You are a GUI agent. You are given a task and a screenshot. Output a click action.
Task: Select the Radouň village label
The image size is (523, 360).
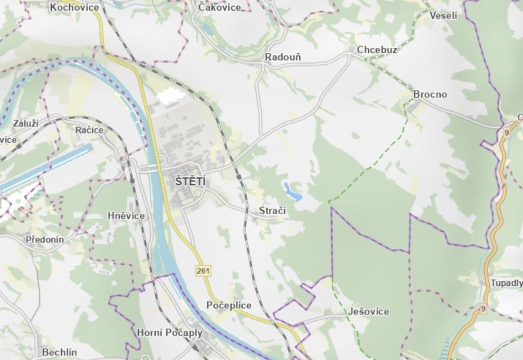(x=283, y=57)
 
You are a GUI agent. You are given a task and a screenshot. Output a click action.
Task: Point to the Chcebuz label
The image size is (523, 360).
(x=377, y=49)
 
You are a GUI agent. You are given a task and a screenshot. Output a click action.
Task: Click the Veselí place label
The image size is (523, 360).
(x=443, y=16)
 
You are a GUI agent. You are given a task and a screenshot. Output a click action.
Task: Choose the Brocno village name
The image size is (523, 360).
(x=430, y=94)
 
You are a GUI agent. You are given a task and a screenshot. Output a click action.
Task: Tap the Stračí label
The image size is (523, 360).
(x=272, y=211)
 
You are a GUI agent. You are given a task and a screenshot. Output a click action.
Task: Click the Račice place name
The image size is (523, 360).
(x=90, y=130)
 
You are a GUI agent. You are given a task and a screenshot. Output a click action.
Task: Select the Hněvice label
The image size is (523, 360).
(x=126, y=216)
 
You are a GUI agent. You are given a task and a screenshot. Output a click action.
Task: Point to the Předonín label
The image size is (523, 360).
(x=45, y=239)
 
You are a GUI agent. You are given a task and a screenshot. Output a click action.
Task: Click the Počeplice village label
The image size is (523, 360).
(x=229, y=305)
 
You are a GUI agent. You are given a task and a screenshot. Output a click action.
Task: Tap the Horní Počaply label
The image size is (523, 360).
(x=170, y=333)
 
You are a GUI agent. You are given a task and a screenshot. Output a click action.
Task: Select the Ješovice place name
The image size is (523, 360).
(x=368, y=311)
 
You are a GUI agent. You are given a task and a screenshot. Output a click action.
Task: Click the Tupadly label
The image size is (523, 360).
(x=506, y=283)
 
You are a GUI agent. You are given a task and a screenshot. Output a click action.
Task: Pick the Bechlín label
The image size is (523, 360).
(x=59, y=352)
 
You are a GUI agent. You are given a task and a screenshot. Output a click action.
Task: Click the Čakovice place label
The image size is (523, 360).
(x=220, y=7)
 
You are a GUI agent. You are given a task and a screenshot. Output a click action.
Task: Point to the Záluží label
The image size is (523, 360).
(x=26, y=123)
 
